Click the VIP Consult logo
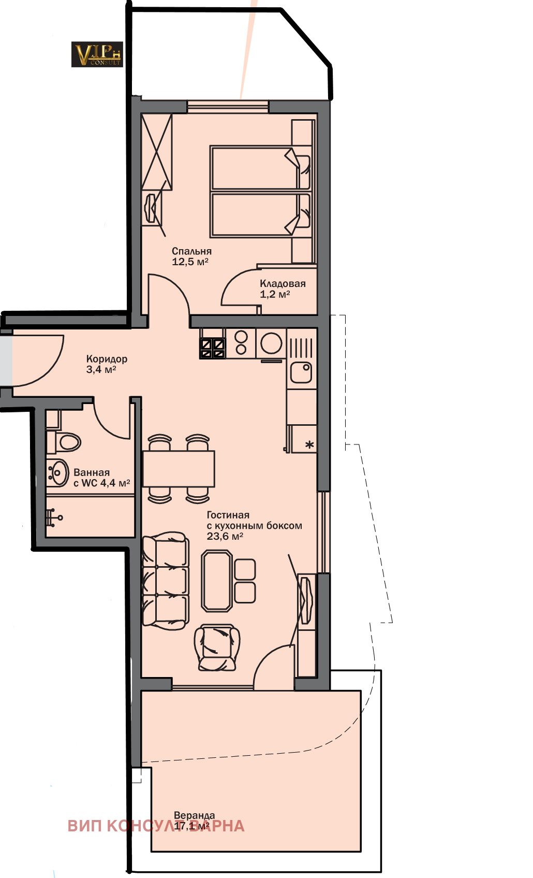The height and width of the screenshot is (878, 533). (97, 54)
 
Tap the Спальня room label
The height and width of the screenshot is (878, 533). (191, 251)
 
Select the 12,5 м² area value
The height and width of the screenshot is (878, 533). (190, 262)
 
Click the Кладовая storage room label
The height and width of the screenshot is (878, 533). (283, 283)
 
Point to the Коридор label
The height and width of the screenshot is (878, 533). (107, 358)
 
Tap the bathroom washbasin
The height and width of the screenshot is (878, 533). (58, 472)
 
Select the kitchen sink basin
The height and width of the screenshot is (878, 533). (301, 372)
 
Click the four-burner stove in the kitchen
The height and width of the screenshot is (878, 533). (213, 348)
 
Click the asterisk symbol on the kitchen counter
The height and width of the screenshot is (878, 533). (309, 444)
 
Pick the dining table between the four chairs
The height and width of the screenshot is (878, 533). (179, 468)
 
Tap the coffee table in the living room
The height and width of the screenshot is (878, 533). (217, 581)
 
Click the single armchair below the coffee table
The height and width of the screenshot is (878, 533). (217, 647)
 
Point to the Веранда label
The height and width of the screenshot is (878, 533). (194, 815)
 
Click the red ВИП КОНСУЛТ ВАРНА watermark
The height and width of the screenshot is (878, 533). (156, 826)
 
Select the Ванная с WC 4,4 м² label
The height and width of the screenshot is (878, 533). (101, 478)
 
